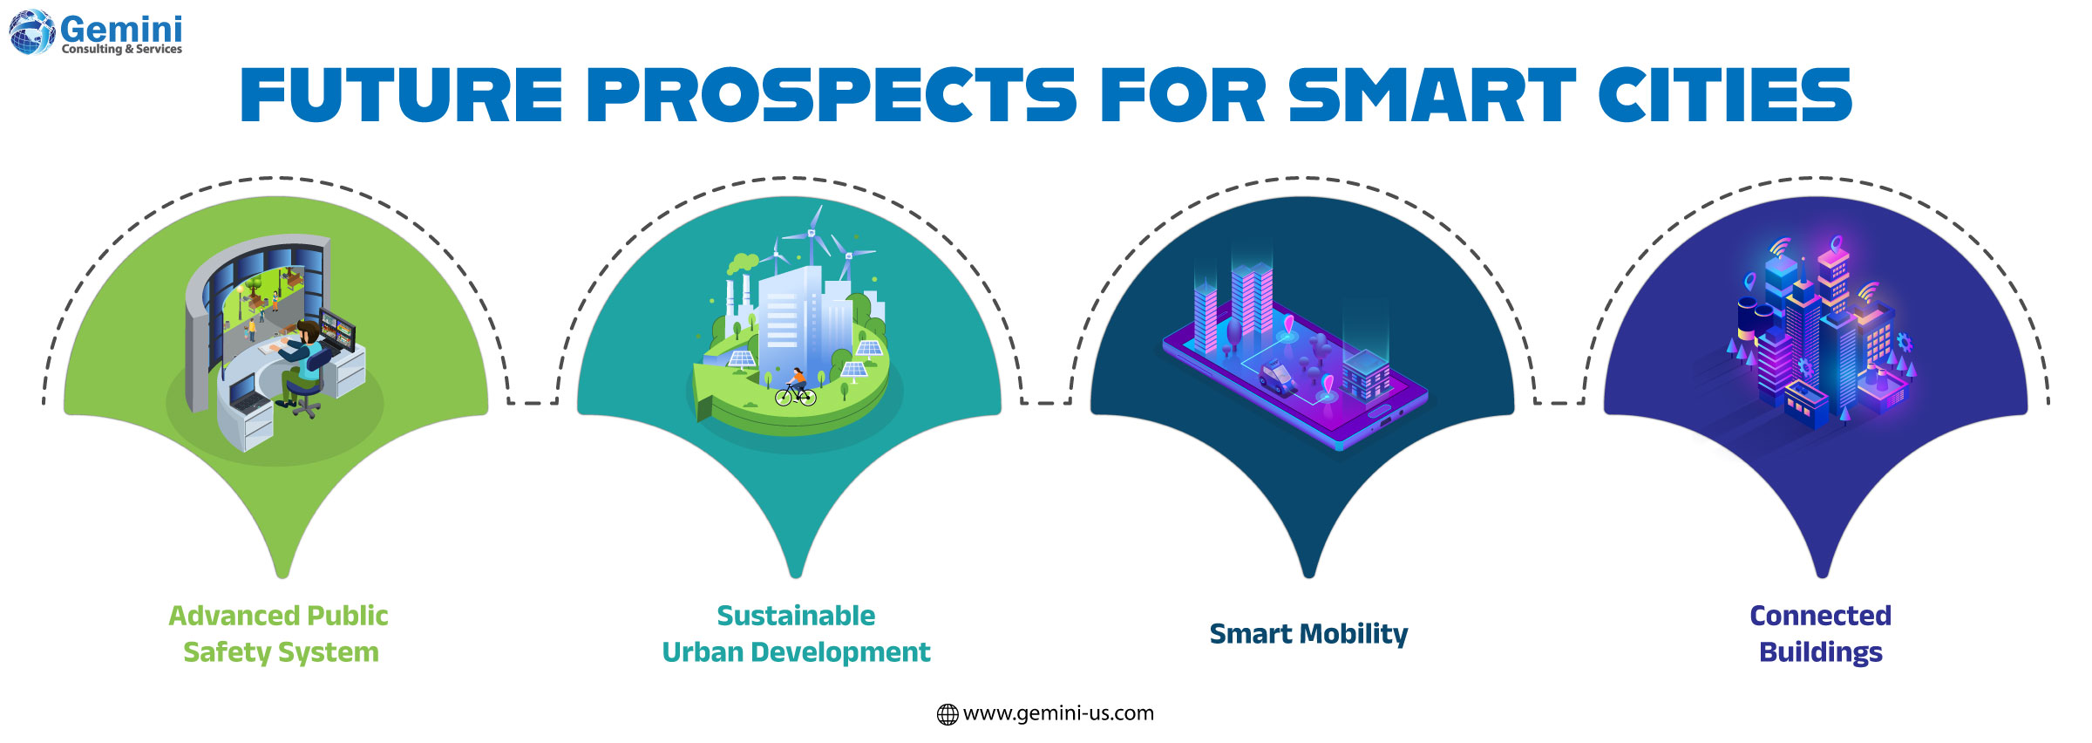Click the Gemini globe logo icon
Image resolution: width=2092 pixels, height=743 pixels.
click(x=31, y=33)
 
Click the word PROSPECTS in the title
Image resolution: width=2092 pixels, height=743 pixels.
click(x=832, y=95)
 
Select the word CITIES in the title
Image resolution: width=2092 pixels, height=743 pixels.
click(x=1725, y=95)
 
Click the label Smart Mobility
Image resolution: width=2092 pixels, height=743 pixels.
click(x=1308, y=634)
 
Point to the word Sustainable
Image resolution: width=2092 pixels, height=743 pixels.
click(x=796, y=616)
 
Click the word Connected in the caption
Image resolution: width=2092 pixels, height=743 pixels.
click(x=1821, y=616)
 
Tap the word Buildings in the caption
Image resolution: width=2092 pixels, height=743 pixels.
click(x=1821, y=652)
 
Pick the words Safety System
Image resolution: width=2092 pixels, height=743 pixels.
click(x=281, y=652)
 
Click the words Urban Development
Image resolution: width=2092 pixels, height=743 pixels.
click(x=796, y=652)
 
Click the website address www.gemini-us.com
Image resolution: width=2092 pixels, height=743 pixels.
click(x=1058, y=713)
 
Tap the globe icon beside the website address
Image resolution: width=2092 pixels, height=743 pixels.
click(x=947, y=714)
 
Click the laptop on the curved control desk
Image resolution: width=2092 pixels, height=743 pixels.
click(x=249, y=400)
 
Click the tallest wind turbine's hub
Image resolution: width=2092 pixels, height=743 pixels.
click(x=812, y=233)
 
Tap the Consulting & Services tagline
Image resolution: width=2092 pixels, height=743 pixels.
click(x=122, y=50)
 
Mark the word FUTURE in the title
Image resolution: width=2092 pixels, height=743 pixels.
click(x=402, y=95)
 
